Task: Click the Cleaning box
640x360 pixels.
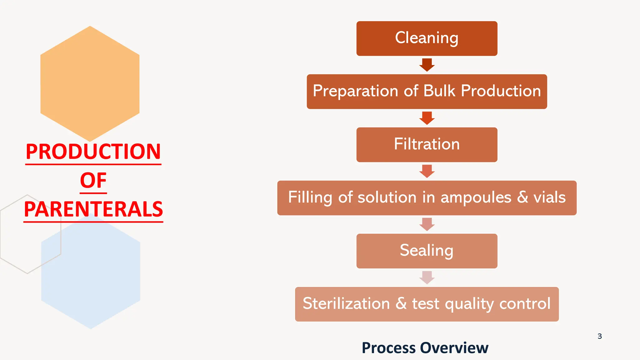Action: coord(427,38)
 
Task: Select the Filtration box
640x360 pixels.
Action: coord(427,144)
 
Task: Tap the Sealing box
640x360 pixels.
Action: coord(427,251)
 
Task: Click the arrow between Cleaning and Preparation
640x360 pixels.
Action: coord(427,65)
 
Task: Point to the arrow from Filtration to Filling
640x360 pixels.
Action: coord(427,171)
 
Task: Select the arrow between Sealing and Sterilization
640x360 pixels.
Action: coord(427,277)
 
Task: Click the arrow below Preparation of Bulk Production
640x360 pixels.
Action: coord(427,118)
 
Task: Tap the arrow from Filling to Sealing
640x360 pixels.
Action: coord(427,224)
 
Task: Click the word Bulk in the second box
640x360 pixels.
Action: coord(439,91)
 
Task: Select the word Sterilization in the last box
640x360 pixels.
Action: coord(346,304)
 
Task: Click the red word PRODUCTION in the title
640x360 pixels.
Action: coord(93,152)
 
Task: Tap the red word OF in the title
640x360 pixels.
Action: coord(93,181)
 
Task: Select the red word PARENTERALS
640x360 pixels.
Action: coord(93,209)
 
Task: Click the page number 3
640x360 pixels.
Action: coord(599,336)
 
